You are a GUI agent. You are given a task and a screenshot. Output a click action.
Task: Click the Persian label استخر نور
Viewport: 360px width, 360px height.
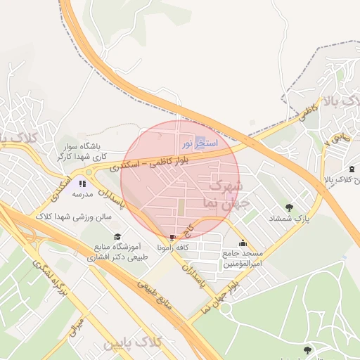coord(200,143)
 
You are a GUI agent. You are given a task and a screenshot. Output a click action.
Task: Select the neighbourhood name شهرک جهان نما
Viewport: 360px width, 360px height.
coord(223,195)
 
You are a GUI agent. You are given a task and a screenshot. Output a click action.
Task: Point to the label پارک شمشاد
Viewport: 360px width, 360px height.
coord(289,219)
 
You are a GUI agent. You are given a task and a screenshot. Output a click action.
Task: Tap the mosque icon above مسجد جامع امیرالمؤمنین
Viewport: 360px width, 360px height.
coord(243,243)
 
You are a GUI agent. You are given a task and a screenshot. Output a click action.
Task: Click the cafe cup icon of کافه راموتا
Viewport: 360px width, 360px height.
coord(174,237)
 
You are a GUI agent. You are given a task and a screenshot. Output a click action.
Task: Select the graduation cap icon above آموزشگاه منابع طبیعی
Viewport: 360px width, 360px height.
coord(117,236)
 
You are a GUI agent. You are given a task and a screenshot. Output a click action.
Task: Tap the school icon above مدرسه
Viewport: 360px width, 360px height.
coord(82,184)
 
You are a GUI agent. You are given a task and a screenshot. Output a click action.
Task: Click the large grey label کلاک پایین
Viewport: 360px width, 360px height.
coord(133,344)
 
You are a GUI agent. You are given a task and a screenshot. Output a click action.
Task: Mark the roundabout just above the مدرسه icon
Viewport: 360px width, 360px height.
coord(89,171)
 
